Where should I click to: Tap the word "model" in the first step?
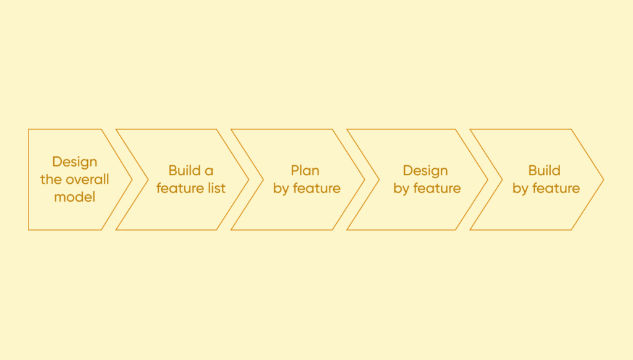coord(75,198)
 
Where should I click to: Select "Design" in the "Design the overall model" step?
coord(75,162)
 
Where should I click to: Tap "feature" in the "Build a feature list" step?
coord(181,188)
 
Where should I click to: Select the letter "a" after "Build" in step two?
coord(210,171)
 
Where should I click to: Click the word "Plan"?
coord(305,171)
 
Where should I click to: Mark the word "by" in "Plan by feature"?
coord(281,189)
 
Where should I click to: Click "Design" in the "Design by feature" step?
coord(425,171)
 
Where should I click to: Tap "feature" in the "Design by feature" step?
coord(437,188)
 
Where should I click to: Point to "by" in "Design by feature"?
coord(401,189)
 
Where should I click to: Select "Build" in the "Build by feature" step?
coord(545,171)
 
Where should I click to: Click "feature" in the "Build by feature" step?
coord(556,188)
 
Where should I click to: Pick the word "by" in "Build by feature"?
coord(520,189)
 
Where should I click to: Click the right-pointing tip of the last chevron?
coord(603,179)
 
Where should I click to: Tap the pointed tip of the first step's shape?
coord(132,179)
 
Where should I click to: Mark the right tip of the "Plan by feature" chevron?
coord(363,179)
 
